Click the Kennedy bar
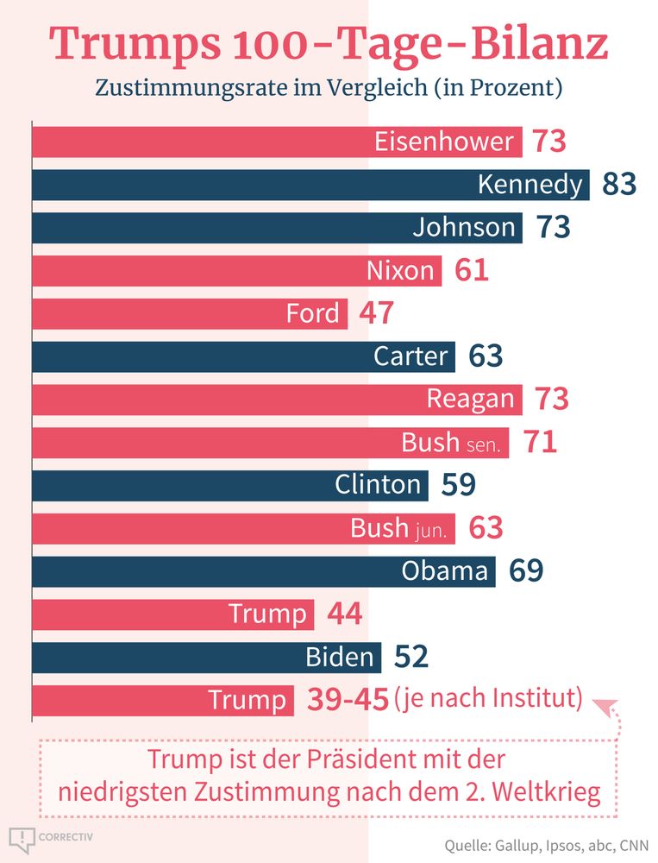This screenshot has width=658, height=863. (310, 185)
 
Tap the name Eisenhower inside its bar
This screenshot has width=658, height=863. (444, 142)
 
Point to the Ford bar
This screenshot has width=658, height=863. (190, 313)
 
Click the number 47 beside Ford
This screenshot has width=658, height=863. (376, 313)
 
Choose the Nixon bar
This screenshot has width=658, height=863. (237, 270)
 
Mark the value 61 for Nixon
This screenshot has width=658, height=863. (471, 270)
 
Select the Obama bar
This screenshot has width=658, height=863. (263, 570)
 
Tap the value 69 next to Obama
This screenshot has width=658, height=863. (526, 570)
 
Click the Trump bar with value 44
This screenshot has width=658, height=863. (172, 614)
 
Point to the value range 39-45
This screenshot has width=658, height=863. (348, 700)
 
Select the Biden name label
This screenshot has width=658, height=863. (340, 657)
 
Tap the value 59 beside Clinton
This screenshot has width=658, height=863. (458, 485)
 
